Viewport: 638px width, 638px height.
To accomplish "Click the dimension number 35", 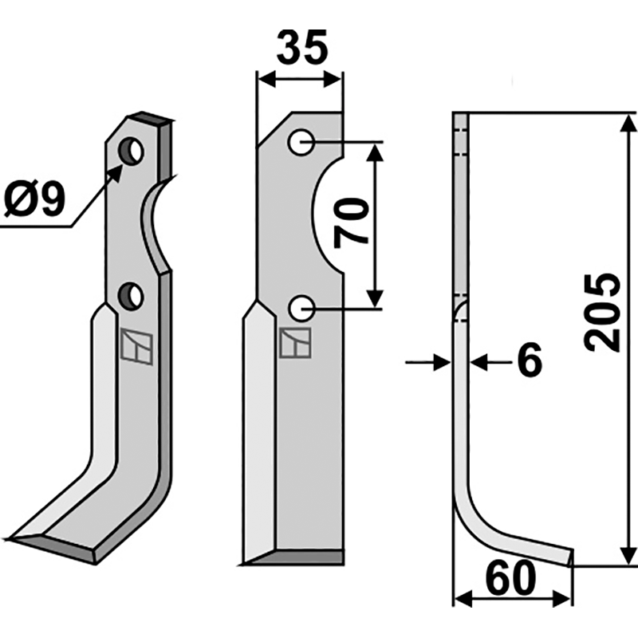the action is point(302,48).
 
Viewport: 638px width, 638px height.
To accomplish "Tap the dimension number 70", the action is point(351,223).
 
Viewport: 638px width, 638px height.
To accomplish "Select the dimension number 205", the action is point(602,312).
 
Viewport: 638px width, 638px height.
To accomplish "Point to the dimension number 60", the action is point(511,578).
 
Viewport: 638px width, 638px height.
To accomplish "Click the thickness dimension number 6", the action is point(530,360).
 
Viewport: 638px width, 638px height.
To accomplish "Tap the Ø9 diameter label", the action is point(34,199).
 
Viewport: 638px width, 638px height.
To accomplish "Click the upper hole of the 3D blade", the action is point(131,151).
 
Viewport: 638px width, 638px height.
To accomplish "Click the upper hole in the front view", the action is point(301,142).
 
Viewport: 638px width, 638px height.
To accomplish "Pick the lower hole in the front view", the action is point(301,309).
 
